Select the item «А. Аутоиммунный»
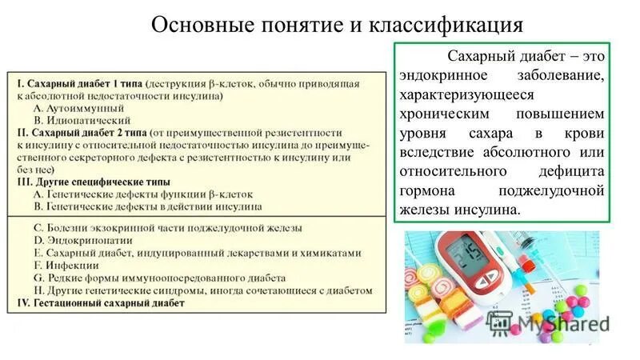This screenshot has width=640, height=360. [78, 107]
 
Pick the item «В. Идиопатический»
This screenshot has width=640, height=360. [82, 119]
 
